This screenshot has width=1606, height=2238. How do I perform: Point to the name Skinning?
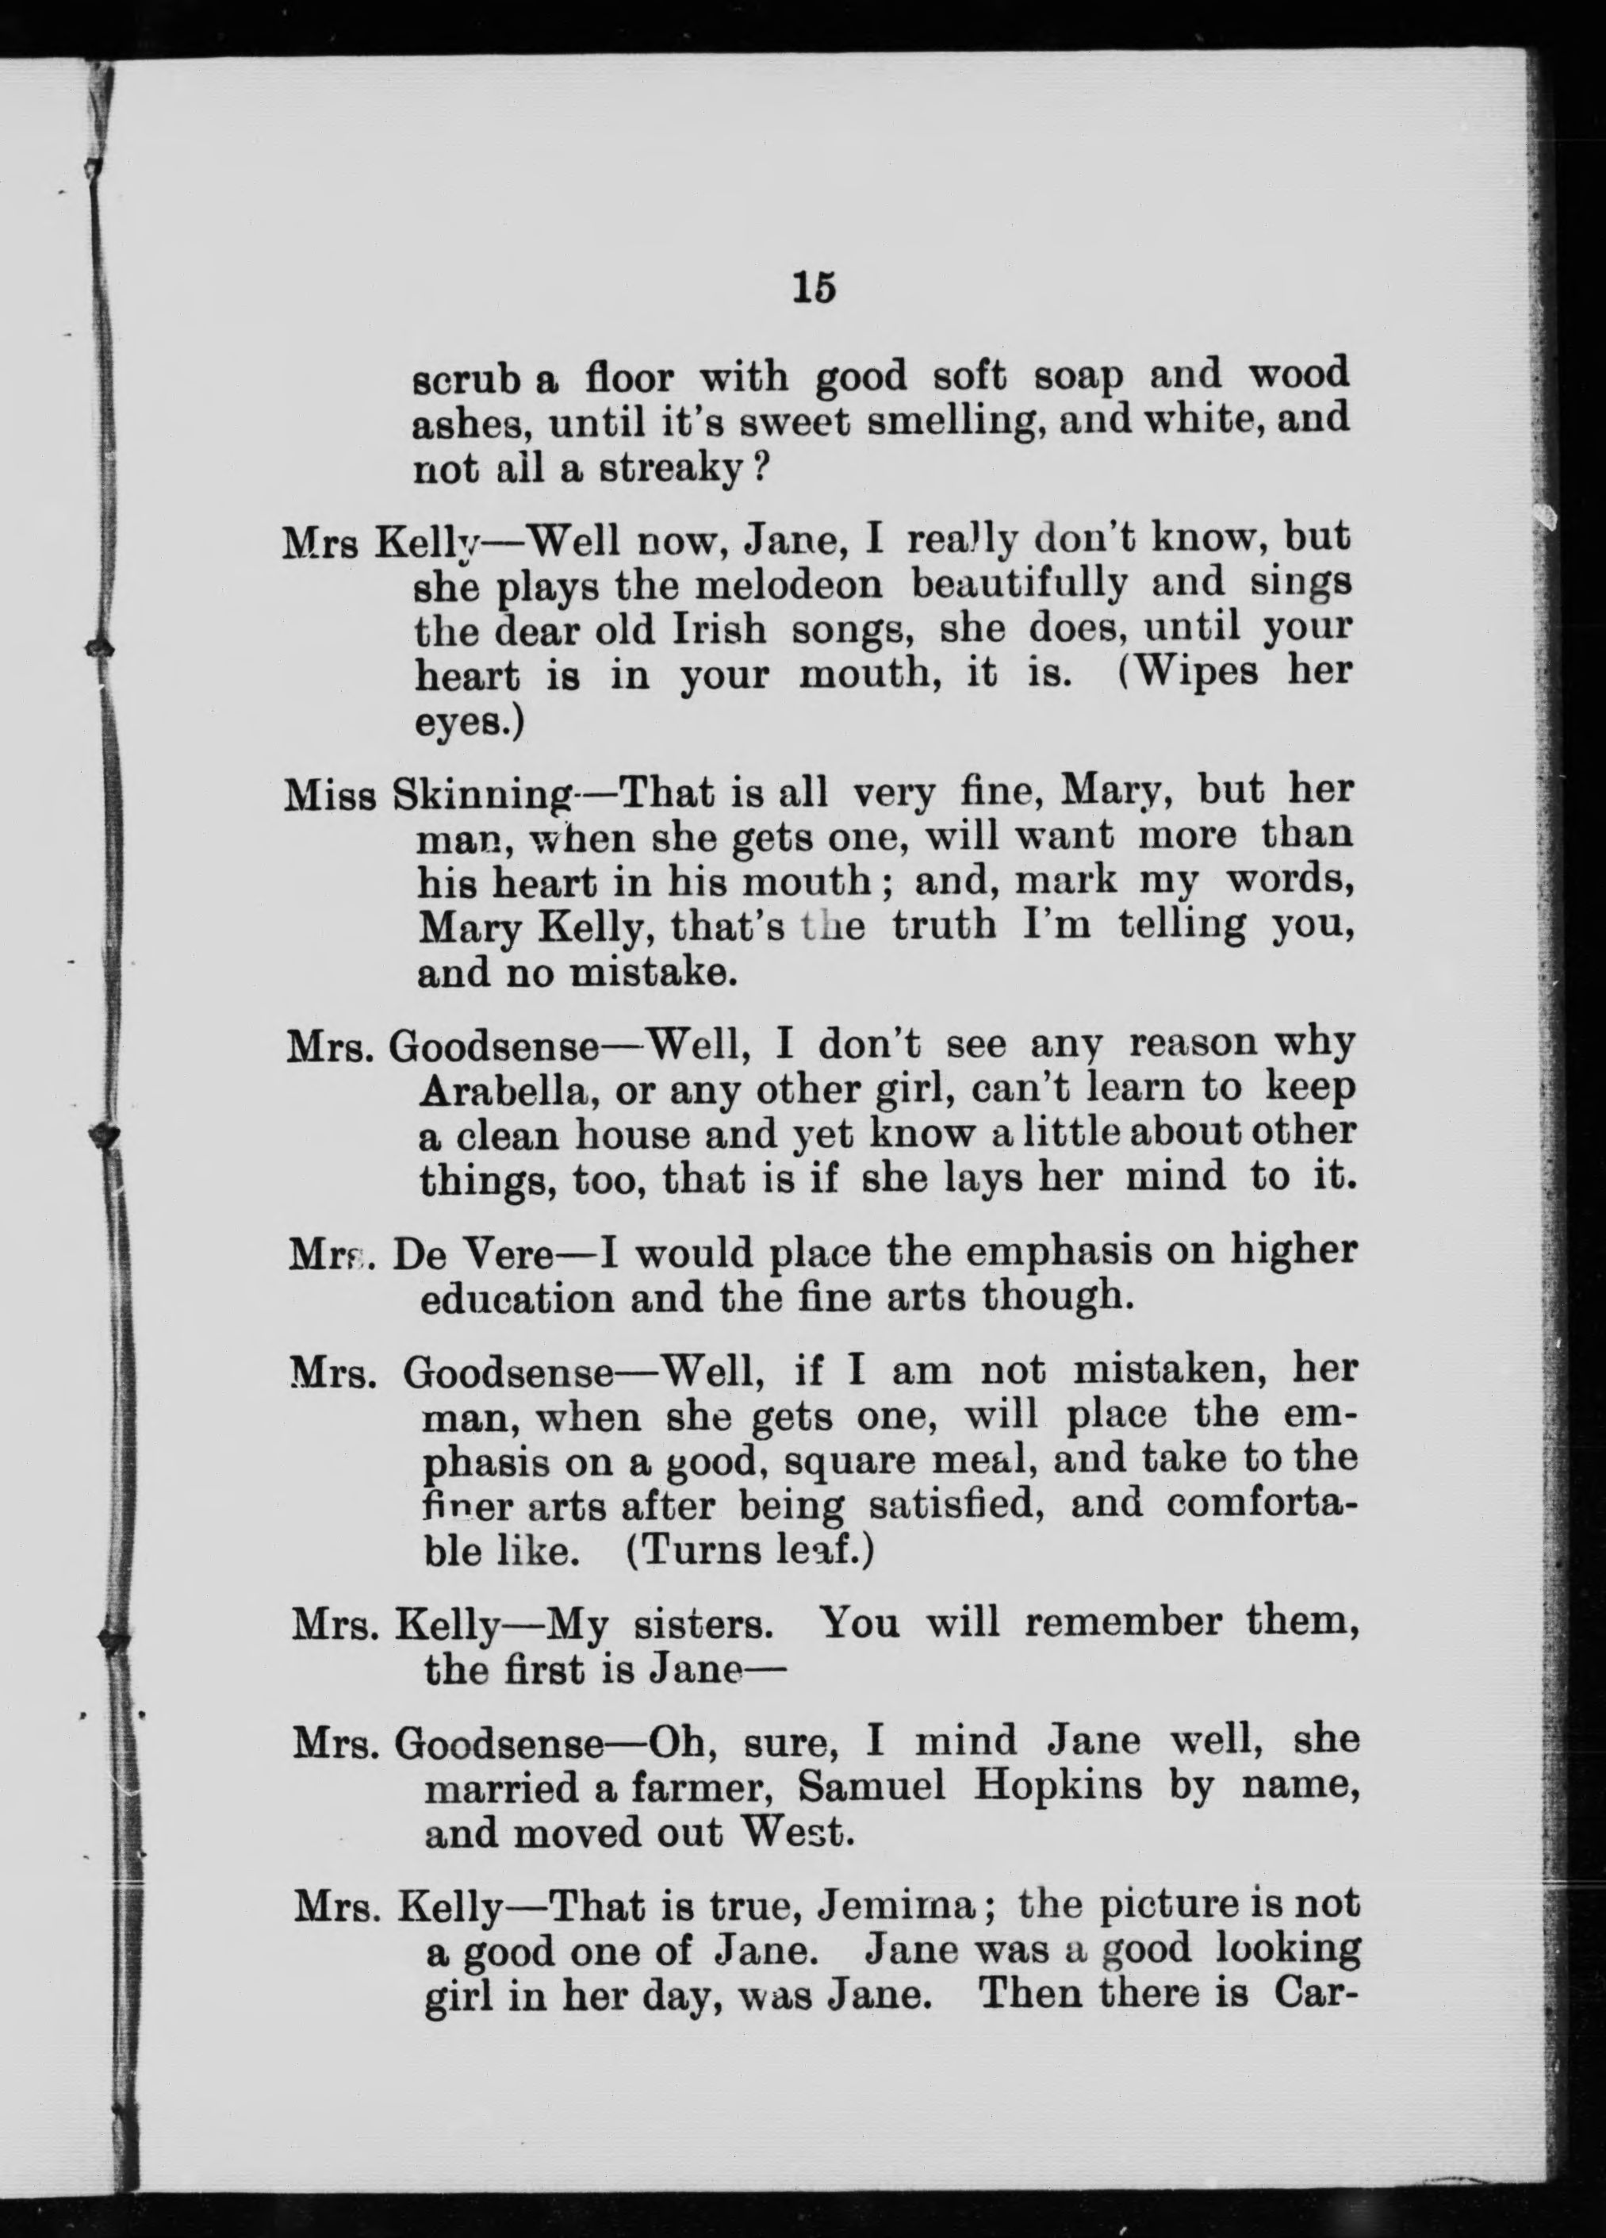[x=482, y=793]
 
